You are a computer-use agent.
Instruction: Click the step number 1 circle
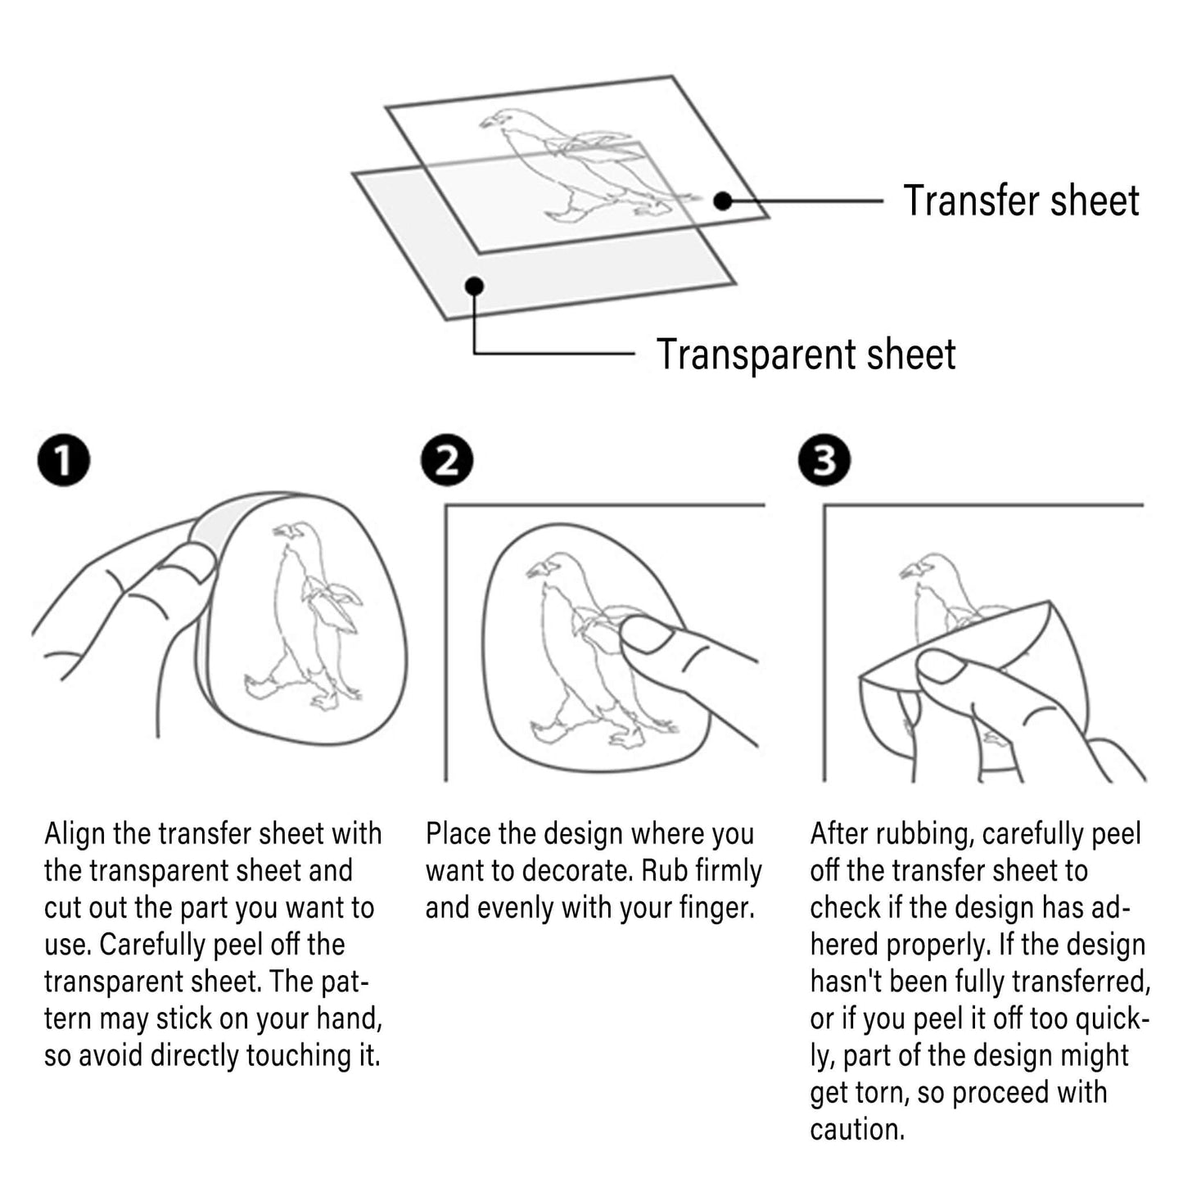pos(64,460)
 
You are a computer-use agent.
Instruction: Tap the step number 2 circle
pos(447,460)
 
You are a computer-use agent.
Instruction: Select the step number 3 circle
pos(824,460)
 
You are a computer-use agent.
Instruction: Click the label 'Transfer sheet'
pos(1021,201)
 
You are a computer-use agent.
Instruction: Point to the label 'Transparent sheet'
pos(806,354)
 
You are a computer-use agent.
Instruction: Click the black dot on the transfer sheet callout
pos(723,201)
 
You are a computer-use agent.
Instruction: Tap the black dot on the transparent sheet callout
pos(475,286)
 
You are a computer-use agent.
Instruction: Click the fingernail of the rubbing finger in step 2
pos(646,634)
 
